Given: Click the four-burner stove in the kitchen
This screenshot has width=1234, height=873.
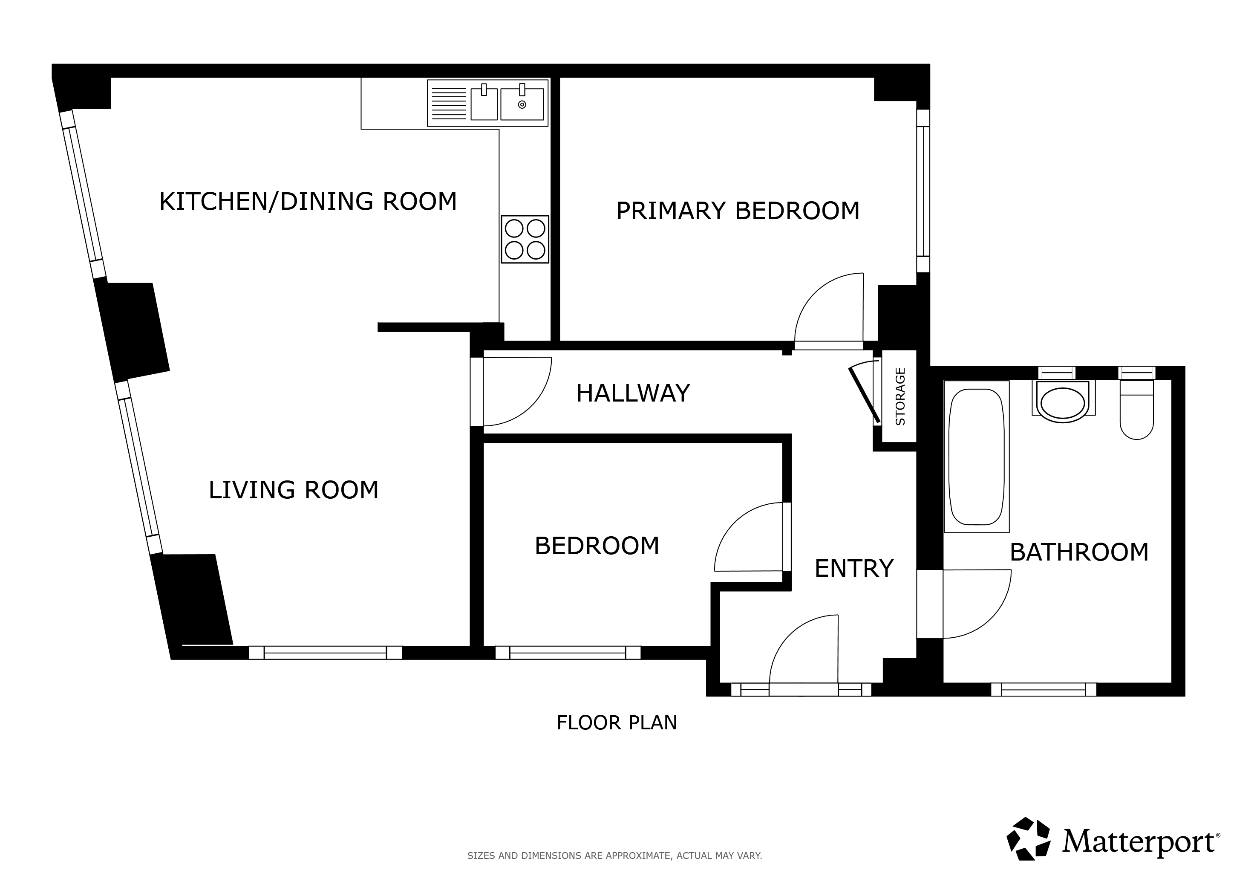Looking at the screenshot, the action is click(525, 239).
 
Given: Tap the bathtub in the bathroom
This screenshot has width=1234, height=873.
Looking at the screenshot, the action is click(977, 457).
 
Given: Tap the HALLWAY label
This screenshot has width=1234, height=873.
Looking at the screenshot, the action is click(633, 393).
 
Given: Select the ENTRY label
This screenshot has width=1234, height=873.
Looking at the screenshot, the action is click(854, 568).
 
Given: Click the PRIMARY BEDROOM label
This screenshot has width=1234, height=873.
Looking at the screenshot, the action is click(738, 211).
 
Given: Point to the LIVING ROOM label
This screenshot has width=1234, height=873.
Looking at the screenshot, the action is click(294, 490).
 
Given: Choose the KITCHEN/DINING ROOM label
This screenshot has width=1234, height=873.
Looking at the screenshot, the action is click(308, 201).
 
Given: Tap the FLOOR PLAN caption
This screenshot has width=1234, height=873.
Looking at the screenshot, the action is click(617, 723).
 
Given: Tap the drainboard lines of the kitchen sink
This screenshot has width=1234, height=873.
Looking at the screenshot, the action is click(448, 103).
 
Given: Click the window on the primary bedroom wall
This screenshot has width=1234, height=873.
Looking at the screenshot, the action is click(923, 191).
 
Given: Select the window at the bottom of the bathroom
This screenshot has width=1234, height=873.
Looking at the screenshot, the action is click(1043, 689).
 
